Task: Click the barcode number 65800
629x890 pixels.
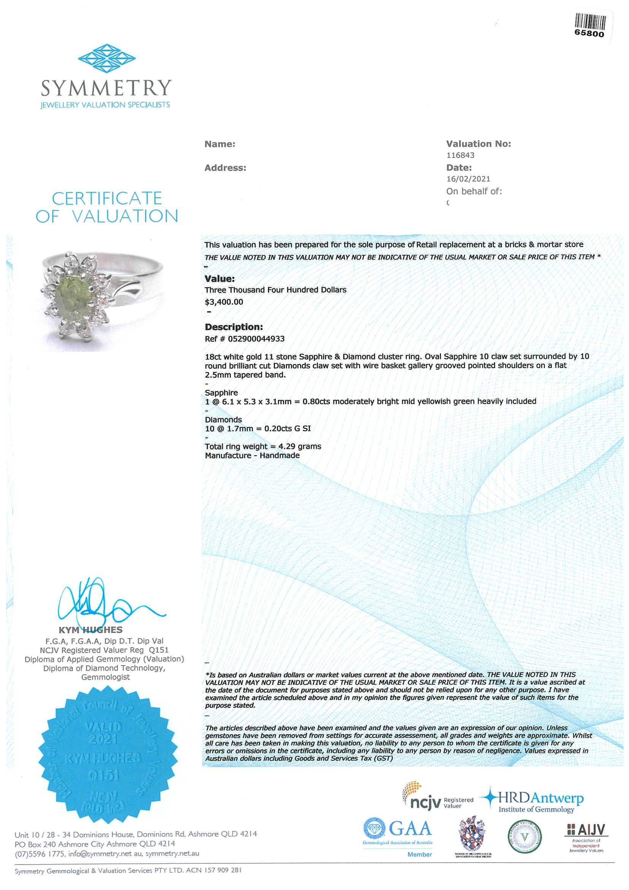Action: tap(589, 34)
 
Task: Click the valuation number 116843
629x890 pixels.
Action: tap(460, 156)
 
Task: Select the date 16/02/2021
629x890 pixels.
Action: tap(468, 179)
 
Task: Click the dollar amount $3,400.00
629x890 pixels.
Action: tap(224, 302)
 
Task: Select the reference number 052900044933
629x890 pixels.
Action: tap(256, 339)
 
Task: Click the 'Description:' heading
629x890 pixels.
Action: tap(234, 327)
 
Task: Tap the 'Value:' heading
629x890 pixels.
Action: tap(220, 279)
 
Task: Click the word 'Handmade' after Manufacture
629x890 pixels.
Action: tap(280, 456)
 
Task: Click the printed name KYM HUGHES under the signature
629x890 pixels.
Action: tap(90, 630)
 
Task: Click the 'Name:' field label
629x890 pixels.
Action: tap(220, 144)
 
